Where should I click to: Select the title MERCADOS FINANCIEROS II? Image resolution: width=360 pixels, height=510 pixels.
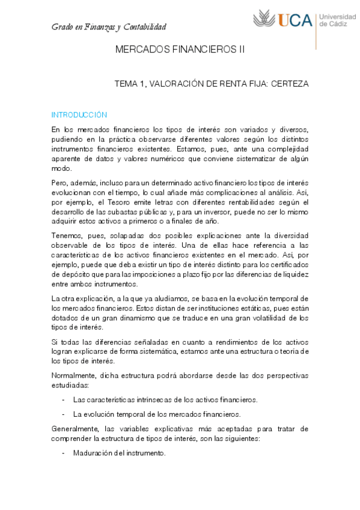(x=180, y=51)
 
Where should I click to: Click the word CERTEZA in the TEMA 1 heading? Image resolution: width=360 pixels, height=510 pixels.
(x=290, y=85)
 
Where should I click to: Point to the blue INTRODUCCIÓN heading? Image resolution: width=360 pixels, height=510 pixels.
(x=79, y=115)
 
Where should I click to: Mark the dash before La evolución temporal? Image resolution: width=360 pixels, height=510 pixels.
(x=64, y=414)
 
